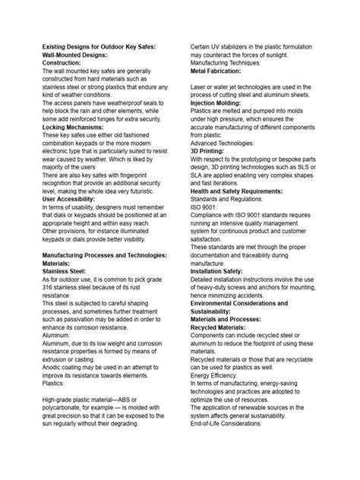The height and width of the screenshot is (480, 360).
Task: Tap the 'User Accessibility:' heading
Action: pos(73,177)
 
